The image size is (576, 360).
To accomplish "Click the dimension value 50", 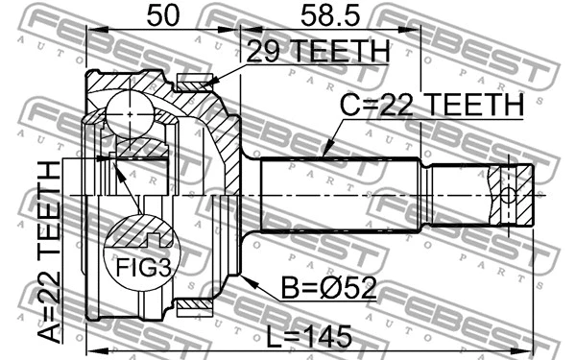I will pyautogui.click(x=162, y=15).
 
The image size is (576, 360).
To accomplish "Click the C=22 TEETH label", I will pyautogui.click(x=432, y=107).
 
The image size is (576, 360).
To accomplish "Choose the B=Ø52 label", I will pyautogui.click(x=326, y=288).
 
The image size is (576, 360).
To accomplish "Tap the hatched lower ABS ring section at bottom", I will pyautogui.click(x=197, y=307).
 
